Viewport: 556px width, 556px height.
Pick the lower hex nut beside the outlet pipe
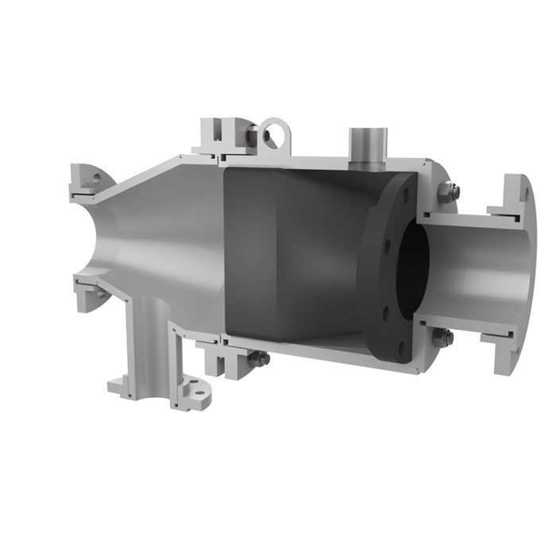[x=446, y=338]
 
